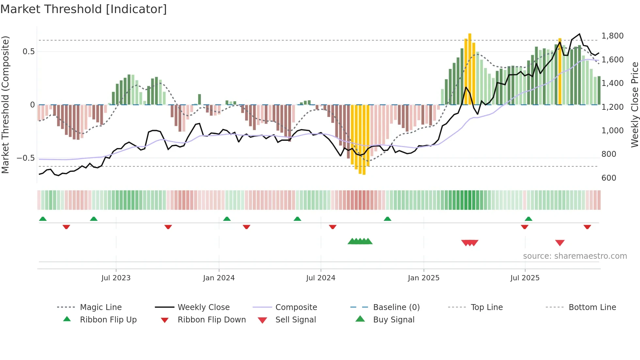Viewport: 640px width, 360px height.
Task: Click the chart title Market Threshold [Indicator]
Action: click(84, 9)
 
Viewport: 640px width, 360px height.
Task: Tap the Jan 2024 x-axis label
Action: click(219, 278)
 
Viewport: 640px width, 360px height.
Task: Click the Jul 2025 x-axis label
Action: click(525, 278)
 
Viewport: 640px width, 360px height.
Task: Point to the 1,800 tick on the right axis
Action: click(612, 36)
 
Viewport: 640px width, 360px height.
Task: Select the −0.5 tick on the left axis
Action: click(26, 158)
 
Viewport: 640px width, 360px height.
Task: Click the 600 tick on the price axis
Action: click(609, 178)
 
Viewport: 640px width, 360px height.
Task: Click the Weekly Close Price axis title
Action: click(634, 105)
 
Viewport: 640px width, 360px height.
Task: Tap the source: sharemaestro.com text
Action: click(575, 256)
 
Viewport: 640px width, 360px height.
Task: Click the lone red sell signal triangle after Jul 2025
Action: click(560, 243)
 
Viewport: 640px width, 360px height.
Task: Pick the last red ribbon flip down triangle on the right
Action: click(587, 227)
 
